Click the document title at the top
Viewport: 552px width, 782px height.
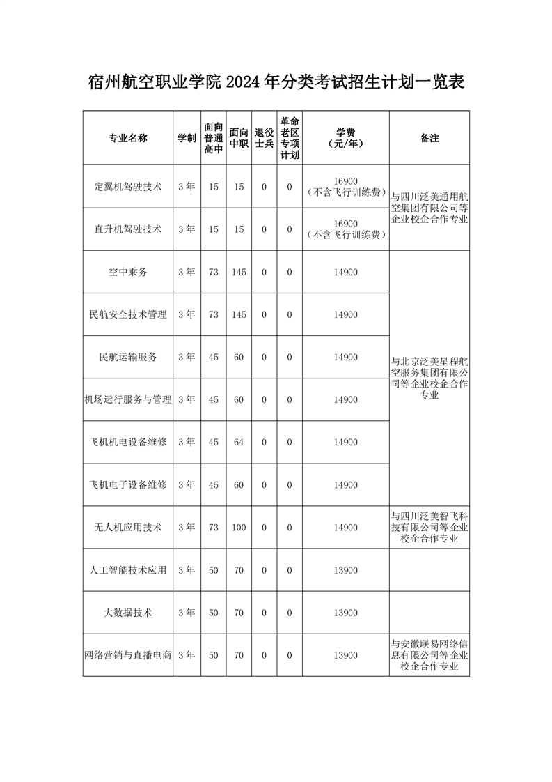(x=276, y=82)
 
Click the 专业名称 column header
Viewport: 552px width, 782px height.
(x=128, y=138)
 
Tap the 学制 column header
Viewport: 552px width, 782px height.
(x=187, y=138)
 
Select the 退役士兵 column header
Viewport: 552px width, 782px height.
(x=264, y=138)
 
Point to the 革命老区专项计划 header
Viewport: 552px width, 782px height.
(x=290, y=138)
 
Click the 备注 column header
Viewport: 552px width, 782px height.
(x=429, y=138)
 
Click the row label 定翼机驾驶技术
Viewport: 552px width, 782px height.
(x=128, y=187)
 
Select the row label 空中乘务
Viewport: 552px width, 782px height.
(x=128, y=272)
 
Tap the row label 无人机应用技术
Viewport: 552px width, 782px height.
(x=128, y=528)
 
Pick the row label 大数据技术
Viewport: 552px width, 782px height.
(x=128, y=613)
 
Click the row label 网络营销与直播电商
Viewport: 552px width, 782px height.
(x=128, y=655)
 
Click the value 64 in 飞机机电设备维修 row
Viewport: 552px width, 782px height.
(x=239, y=443)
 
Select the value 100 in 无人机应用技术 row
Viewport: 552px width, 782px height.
(x=239, y=528)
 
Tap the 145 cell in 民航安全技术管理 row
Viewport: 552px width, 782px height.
(x=239, y=315)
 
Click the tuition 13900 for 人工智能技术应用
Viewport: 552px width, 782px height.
(x=346, y=570)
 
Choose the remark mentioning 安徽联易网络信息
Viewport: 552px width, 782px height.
(x=429, y=655)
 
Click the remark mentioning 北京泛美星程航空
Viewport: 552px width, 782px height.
(x=429, y=378)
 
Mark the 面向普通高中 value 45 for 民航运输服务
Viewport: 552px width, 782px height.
(x=214, y=358)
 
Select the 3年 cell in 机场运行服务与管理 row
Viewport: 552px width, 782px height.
(x=187, y=400)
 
